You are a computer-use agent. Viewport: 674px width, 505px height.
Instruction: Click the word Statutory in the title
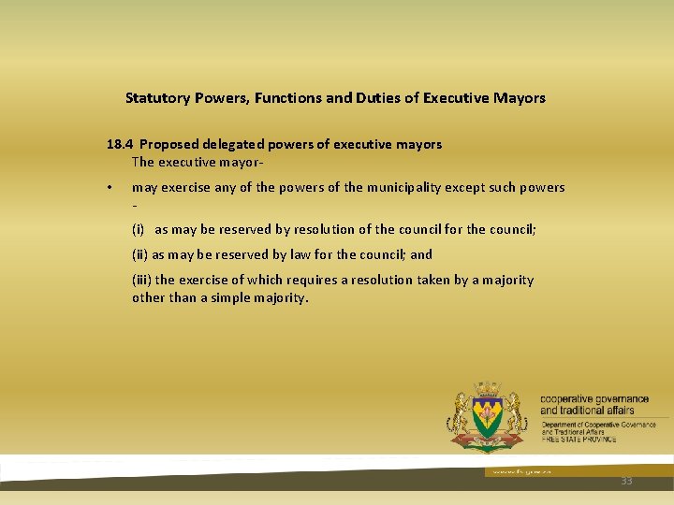[x=158, y=97]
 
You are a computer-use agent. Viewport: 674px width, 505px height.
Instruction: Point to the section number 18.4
[x=119, y=144]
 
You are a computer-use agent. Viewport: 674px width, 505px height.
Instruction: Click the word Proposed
[x=169, y=144]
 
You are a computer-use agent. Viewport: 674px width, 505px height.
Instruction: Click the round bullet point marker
[x=110, y=188]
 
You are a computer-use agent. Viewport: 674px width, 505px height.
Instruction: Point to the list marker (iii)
[x=142, y=280]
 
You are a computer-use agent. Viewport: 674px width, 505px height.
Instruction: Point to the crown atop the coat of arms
[x=487, y=388]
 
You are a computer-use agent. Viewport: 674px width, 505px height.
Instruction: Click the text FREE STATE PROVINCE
[x=579, y=439]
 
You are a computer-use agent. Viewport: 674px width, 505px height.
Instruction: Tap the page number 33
[x=626, y=481]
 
